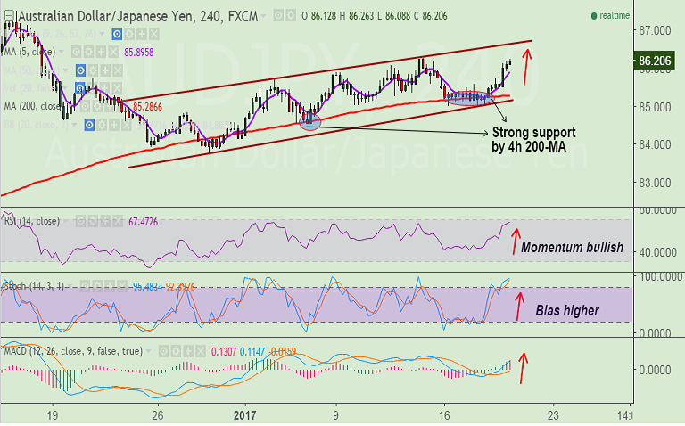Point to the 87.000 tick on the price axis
click(656, 30)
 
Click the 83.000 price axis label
click(656, 183)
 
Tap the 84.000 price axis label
click(656, 144)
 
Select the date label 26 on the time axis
click(157, 414)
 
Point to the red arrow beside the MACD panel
click(524, 364)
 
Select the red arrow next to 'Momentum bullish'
click(515, 241)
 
